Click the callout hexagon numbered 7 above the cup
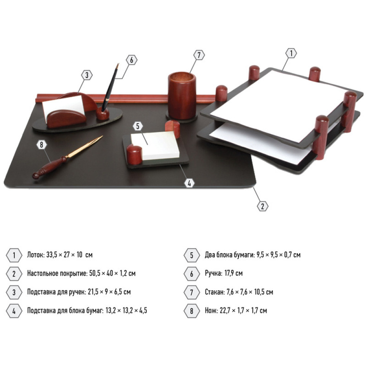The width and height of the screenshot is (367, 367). pyautogui.click(x=199, y=55)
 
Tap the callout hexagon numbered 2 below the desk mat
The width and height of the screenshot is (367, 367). pyautogui.click(x=262, y=206)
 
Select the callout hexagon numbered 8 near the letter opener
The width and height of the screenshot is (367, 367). pyautogui.click(x=42, y=145)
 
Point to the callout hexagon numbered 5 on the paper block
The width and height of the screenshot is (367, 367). pyautogui.click(x=138, y=126)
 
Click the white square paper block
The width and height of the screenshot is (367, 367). pyautogui.click(x=155, y=145)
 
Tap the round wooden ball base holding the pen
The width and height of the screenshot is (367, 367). pyautogui.click(x=103, y=114)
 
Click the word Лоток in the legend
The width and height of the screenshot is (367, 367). pyautogui.click(x=36, y=255)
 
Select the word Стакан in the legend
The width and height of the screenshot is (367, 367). pyautogui.click(x=215, y=292)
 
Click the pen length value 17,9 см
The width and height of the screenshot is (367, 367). pyautogui.click(x=233, y=273)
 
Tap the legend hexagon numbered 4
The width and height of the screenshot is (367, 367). pyautogui.click(x=14, y=311)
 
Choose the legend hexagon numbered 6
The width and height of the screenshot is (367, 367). pyautogui.click(x=192, y=274)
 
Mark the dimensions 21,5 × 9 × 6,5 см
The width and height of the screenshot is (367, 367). pyautogui.click(x=109, y=292)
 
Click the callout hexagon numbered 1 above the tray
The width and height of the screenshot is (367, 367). pyautogui.click(x=291, y=53)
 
